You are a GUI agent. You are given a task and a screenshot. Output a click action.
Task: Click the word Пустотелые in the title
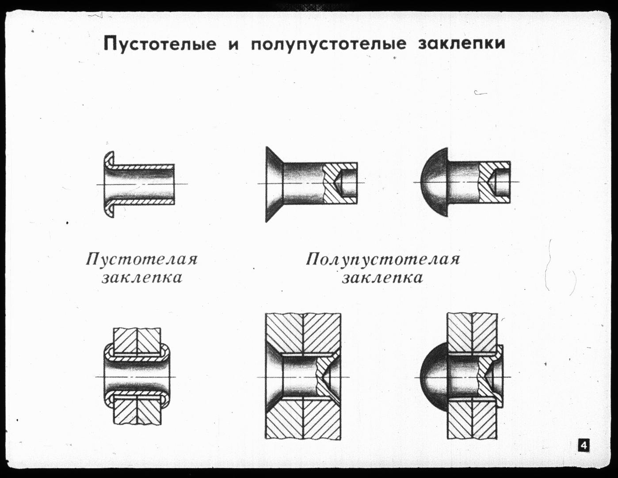[160, 44]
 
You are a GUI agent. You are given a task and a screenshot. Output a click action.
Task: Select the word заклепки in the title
[462, 44]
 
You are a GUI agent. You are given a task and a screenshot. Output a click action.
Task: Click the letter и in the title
[233, 46]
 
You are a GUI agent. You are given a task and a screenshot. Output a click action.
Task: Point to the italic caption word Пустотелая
[141, 259]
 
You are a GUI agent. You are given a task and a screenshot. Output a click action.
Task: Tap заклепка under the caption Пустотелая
[142, 278]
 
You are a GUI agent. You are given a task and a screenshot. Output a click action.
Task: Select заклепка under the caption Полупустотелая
[382, 278]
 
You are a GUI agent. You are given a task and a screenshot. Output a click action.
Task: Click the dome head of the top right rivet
[435, 182]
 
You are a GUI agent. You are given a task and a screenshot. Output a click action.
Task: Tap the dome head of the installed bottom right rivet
[434, 377]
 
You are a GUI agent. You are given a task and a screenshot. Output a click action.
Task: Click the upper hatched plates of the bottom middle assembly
[303, 333]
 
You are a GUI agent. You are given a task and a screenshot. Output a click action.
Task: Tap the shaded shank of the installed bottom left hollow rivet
[137, 377]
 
